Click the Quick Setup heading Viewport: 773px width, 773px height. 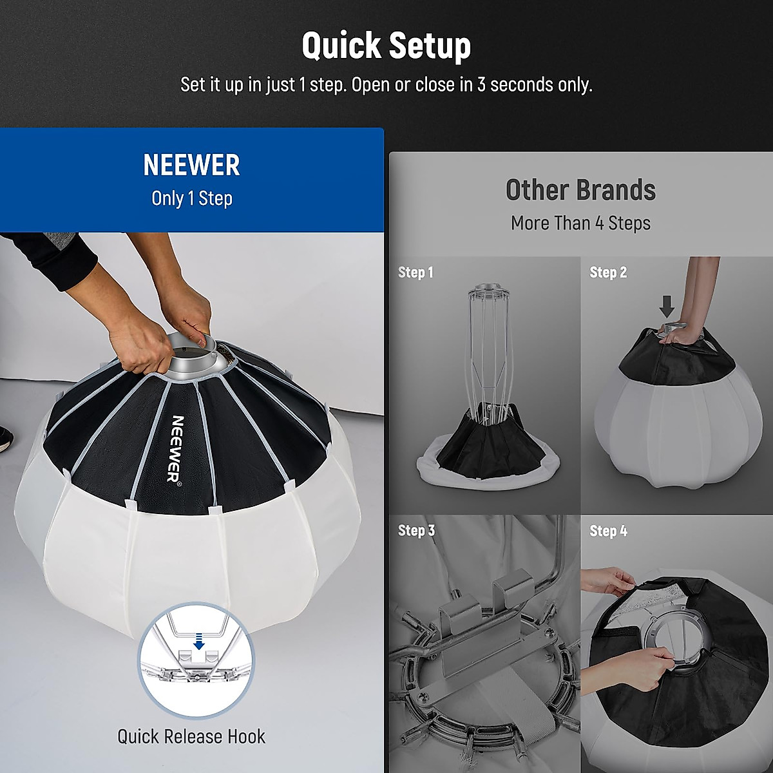[386, 46]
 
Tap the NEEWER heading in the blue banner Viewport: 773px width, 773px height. [191, 166]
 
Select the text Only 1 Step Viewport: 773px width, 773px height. [191, 198]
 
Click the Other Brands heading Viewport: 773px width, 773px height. [580, 190]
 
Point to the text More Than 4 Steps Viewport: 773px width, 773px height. [580, 224]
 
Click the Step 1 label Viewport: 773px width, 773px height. [415, 272]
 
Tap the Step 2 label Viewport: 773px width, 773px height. [608, 272]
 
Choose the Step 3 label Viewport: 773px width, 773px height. [416, 531]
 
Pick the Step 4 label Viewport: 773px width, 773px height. [608, 531]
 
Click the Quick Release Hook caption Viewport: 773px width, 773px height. [191, 736]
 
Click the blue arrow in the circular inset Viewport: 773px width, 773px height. [199, 642]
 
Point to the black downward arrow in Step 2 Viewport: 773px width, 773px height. [667, 306]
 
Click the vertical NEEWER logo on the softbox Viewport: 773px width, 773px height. [176, 448]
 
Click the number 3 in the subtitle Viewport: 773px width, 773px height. [481, 85]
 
